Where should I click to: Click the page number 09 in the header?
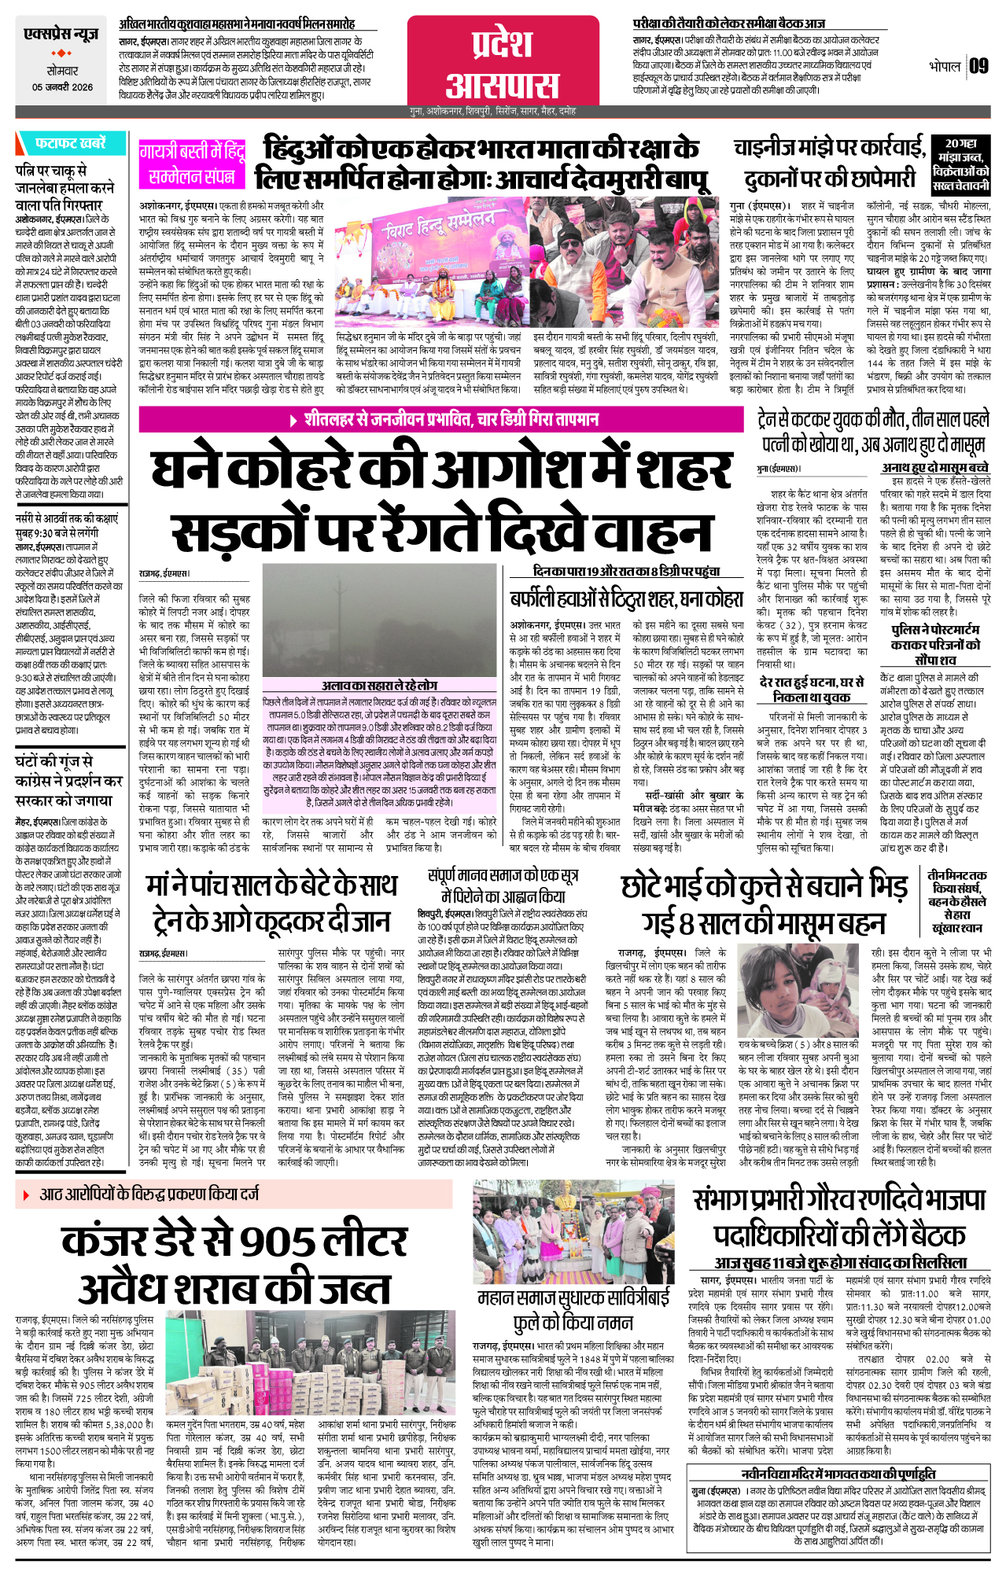tap(978, 66)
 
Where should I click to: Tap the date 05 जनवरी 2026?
tap(62, 87)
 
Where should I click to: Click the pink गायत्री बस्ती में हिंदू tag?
tap(192, 150)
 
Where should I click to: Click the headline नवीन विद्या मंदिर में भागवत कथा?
tap(838, 1473)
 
